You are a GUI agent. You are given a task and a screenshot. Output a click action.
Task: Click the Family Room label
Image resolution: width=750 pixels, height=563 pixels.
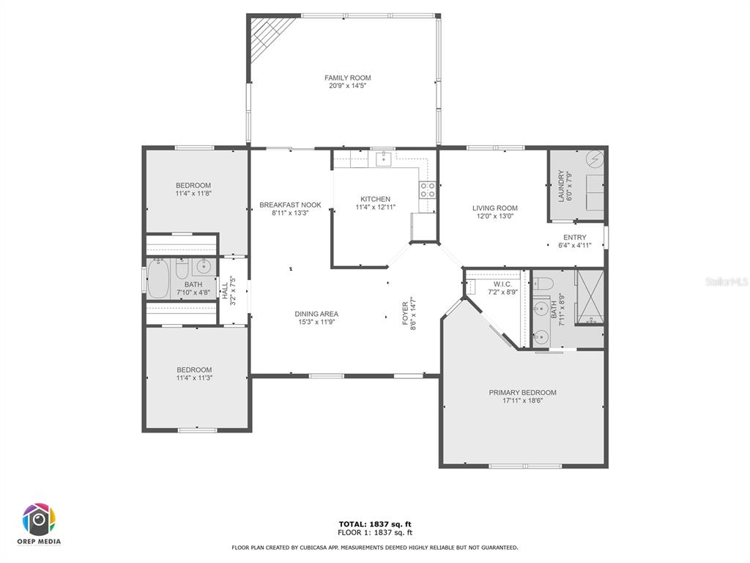(347, 78)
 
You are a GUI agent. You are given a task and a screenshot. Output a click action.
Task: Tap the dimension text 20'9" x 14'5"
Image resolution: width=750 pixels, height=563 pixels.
(347, 86)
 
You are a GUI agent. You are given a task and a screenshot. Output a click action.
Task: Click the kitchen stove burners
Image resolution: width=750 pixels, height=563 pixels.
(428, 190)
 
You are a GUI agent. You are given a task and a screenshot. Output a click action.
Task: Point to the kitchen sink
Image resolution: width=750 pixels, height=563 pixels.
(384, 158)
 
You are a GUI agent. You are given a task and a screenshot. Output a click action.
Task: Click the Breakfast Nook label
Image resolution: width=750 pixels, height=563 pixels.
(290, 205)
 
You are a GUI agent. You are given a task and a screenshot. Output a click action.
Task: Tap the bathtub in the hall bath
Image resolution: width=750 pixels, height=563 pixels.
(158, 278)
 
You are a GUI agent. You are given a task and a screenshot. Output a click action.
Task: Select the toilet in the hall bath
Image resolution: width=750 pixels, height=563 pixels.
(182, 268)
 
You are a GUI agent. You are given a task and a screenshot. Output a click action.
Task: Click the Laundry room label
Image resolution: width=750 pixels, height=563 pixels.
(561, 185)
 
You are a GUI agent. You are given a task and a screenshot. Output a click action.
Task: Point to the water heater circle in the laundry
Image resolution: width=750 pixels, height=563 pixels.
(595, 159)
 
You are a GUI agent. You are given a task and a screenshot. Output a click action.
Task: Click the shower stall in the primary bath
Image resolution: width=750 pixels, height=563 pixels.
(590, 298)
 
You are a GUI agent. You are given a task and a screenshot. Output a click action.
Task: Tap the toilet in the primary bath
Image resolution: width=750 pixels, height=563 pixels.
(543, 284)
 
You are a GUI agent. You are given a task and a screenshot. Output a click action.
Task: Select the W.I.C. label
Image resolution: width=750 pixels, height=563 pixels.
(502, 284)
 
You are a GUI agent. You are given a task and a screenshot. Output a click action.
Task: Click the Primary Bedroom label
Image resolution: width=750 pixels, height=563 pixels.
(522, 393)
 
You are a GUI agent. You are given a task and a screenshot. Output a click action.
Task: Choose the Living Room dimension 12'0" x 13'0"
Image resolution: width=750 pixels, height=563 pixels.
(494, 216)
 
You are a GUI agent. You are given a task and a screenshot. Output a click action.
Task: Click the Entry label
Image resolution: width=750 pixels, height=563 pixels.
(574, 238)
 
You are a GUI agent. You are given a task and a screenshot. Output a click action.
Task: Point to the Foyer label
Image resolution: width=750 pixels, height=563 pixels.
(405, 314)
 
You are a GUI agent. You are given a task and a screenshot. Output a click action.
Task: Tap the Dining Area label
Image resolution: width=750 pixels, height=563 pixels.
(316, 314)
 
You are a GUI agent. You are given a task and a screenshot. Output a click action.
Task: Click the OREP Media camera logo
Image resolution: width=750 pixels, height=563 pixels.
(40, 520)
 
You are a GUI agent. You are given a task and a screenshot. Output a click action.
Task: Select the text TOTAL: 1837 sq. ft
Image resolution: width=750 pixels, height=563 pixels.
(375, 524)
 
